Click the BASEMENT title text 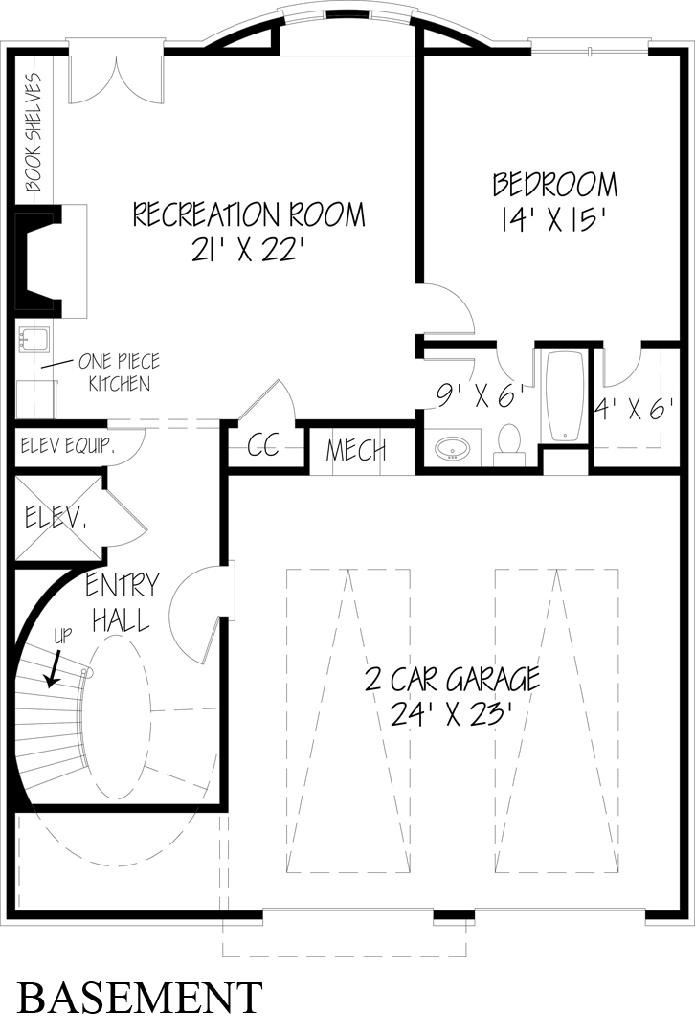pos(140,997)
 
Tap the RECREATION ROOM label pos(249,214)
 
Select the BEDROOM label pos(554,184)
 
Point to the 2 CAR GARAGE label pos(453,680)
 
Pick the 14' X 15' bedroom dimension pos(554,219)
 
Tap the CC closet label pos(262,446)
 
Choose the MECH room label pos(356,450)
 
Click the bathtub pos(564,397)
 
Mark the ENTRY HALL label pos(122,603)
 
